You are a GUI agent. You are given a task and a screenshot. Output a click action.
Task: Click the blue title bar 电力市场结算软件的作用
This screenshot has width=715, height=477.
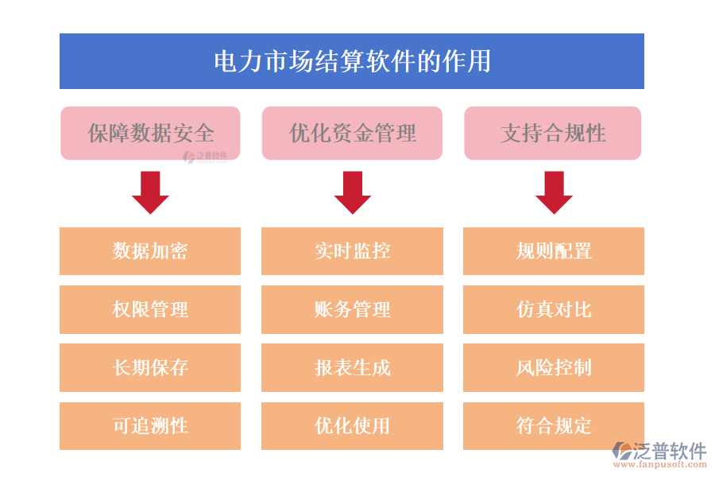pyautogui.click(x=352, y=61)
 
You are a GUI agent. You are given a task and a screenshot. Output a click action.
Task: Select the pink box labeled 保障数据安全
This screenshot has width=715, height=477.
pyautogui.click(x=150, y=133)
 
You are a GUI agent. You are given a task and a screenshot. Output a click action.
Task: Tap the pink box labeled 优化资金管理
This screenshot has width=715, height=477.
pyautogui.click(x=352, y=133)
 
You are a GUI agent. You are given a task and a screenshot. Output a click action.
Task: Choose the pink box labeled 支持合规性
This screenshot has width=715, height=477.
pyautogui.click(x=553, y=133)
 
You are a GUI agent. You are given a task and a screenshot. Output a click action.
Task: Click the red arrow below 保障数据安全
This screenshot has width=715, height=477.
pyautogui.click(x=150, y=192)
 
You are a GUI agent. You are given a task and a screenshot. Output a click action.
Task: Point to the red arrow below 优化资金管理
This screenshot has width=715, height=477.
pyautogui.click(x=352, y=192)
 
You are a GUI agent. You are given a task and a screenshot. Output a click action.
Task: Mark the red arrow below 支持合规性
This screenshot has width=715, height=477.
pyautogui.click(x=554, y=192)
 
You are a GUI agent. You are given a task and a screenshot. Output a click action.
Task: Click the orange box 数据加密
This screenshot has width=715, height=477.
pyautogui.click(x=150, y=251)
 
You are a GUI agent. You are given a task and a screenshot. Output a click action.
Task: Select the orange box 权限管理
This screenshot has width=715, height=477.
pyautogui.click(x=150, y=309)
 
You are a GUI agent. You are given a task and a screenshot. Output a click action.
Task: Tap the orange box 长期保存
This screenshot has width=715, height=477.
pyautogui.click(x=150, y=367)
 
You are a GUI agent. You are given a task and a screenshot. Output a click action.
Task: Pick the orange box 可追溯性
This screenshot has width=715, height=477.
pyautogui.click(x=150, y=426)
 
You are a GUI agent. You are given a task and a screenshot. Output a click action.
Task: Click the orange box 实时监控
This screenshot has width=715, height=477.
pyautogui.click(x=352, y=251)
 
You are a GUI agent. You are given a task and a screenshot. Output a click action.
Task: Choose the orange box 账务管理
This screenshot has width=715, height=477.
pyautogui.click(x=352, y=309)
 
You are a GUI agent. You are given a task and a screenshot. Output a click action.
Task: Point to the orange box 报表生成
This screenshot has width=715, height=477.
pyautogui.click(x=352, y=367)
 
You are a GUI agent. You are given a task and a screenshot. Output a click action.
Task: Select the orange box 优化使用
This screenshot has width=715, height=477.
pyautogui.click(x=352, y=426)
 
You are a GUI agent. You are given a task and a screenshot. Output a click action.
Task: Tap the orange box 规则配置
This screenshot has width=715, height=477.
pyautogui.click(x=554, y=251)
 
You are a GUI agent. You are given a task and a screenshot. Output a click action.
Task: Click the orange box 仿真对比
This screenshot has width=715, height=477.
pyautogui.click(x=554, y=309)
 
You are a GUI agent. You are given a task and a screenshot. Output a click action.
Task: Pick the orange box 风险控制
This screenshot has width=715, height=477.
pyautogui.click(x=554, y=367)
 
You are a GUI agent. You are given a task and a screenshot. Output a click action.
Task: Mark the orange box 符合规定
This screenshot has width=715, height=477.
pyautogui.click(x=554, y=426)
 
